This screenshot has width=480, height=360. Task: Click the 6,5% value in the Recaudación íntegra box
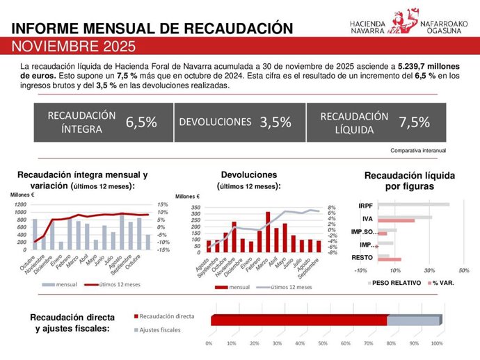(141, 122)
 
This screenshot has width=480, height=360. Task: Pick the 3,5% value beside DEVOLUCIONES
(275, 122)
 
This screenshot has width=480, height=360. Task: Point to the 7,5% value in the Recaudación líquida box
(414, 122)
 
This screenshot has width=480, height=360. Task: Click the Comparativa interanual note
(418, 150)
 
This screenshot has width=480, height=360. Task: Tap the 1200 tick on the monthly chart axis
(19, 205)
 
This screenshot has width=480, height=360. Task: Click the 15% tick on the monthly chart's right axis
(162, 205)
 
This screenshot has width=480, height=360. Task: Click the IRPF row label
(366, 206)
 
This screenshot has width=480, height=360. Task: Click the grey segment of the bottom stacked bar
(413, 320)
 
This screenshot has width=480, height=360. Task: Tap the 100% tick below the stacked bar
(437, 343)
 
